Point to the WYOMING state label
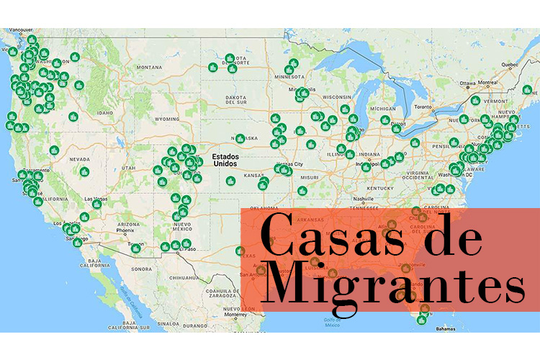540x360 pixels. click(x=166, y=119)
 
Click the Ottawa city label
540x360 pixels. click(x=468, y=83)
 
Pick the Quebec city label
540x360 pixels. click(x=510, y=63)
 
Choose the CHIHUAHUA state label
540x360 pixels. click(x=178, y=276)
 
